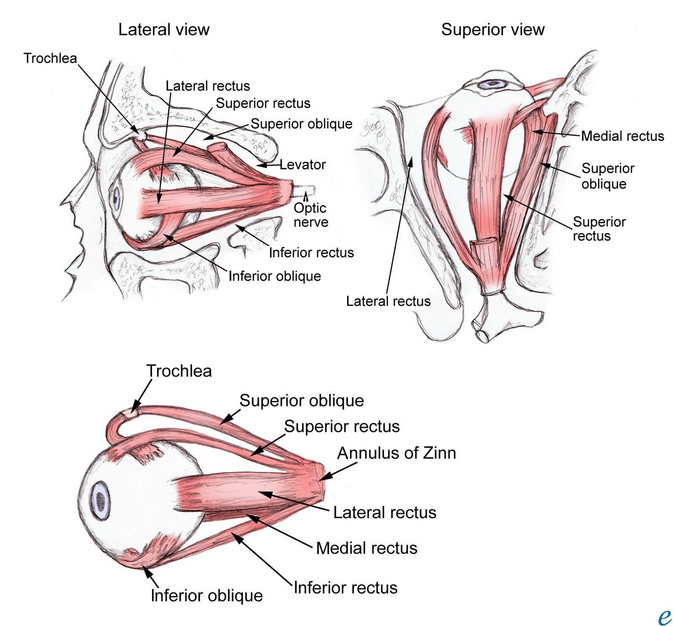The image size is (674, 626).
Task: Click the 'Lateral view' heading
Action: coord(164,30)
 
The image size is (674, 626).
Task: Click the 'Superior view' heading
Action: coord(492,30)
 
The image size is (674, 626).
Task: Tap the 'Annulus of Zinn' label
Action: coord(396,453)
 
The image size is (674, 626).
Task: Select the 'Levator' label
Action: coord(302,165)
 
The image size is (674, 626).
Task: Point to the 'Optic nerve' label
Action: coord(310,215)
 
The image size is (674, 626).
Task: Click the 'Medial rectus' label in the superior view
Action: coord(622,136)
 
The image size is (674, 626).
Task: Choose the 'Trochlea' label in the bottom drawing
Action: coord(179,371)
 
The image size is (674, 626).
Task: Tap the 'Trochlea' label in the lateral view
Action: coord(50,58)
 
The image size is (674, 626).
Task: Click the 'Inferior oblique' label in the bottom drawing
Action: coord(206,596)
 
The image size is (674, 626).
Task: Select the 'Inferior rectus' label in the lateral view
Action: coord(311,252)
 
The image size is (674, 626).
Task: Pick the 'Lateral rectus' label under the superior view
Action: coord(388,301)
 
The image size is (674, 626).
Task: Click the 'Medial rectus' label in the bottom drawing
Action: coord(366,548)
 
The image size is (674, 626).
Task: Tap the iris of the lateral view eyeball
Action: coord(115,196)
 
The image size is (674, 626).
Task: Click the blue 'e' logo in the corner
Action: coord(664,617)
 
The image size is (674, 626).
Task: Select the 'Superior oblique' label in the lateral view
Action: coord(301,124)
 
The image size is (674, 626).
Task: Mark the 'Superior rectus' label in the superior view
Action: coord(599,229)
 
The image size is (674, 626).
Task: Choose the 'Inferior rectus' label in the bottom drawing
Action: coord(345,588)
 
